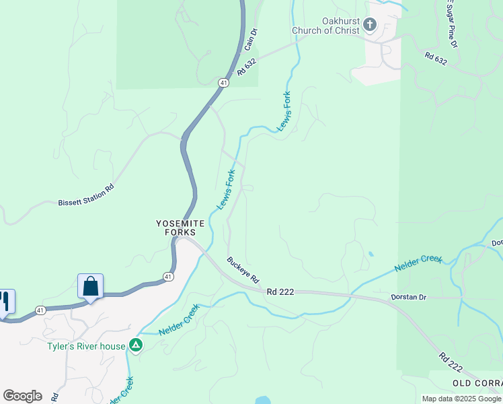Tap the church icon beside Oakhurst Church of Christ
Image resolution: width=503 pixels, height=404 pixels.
[x=369, y=26]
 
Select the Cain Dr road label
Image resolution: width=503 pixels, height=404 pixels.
[x=251, y=39]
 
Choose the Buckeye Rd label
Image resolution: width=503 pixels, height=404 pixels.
[x=243, y=270]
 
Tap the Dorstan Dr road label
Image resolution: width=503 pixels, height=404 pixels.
[x=409, y=297]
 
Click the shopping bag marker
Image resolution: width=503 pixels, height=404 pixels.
[x=90, y=287]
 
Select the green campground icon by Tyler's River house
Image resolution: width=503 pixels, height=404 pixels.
[x=137, y=345]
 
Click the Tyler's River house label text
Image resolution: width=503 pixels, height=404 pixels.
[x=86, y=346]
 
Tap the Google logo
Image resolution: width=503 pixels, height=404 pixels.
[x=22, y=396]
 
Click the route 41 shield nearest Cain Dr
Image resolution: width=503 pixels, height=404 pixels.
[x=222, y=82]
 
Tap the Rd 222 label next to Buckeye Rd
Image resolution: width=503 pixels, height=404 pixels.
[x=280, y=292]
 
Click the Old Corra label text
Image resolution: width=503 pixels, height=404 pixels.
[x=477, y=383]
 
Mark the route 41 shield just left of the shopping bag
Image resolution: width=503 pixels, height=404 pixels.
[x=41, y=310]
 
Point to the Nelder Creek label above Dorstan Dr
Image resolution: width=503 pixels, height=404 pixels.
[x=418, y=263]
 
